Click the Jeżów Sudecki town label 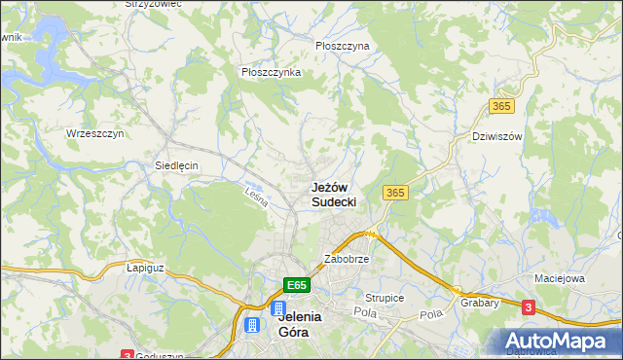point(333,194)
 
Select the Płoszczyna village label point(342,46)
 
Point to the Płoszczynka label point(271,72)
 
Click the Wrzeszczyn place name point(94,133)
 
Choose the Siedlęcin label point(176,165)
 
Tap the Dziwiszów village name point(496,136)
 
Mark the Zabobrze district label point(346,260)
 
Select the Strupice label point(385,298)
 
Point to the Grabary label point(481,302)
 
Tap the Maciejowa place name point(559,278)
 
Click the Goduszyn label point(161,356)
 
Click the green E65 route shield point(298,285)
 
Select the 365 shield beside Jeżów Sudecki point(394,193)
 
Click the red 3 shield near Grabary point(528,307)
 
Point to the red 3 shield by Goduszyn point(127,355)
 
